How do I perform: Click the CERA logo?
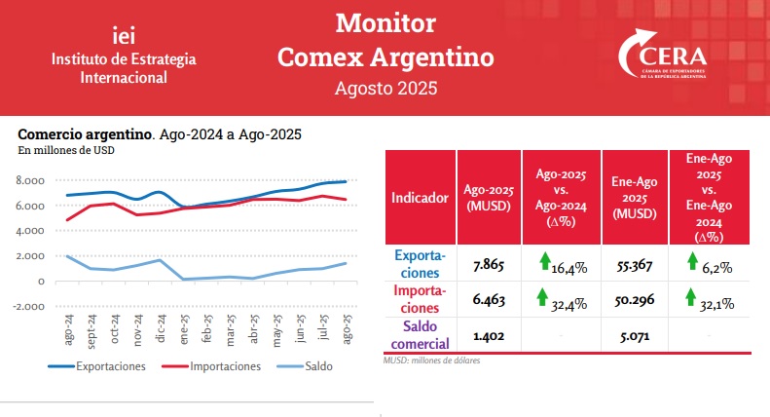pyautogui.click(x=664, y=58)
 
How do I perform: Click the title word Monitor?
pyautogui.click(x=385, y=23)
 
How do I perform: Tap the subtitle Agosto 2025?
pyautogui.click(x=385, y=88)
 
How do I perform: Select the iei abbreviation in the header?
pyautogui.click(x=125, y=35)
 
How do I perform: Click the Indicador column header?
pyautogui.click(x=420, y=197)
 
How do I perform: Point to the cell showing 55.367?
pyautogui.click(x=635, y=264)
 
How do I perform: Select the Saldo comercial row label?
pyautogui.click(x=421, y=336)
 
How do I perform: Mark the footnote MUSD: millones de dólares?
pyautogui.click(x=432, y=360)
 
